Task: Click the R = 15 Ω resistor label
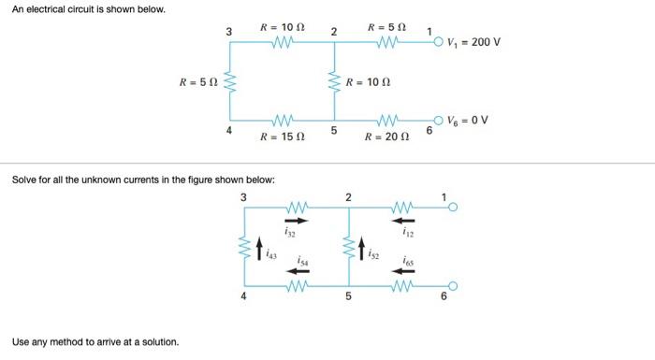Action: point(282,137)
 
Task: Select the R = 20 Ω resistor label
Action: point(386,137)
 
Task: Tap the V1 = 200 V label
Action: point(474,41)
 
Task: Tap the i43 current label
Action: point(271,252)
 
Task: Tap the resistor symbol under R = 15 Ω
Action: point(282,120)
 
